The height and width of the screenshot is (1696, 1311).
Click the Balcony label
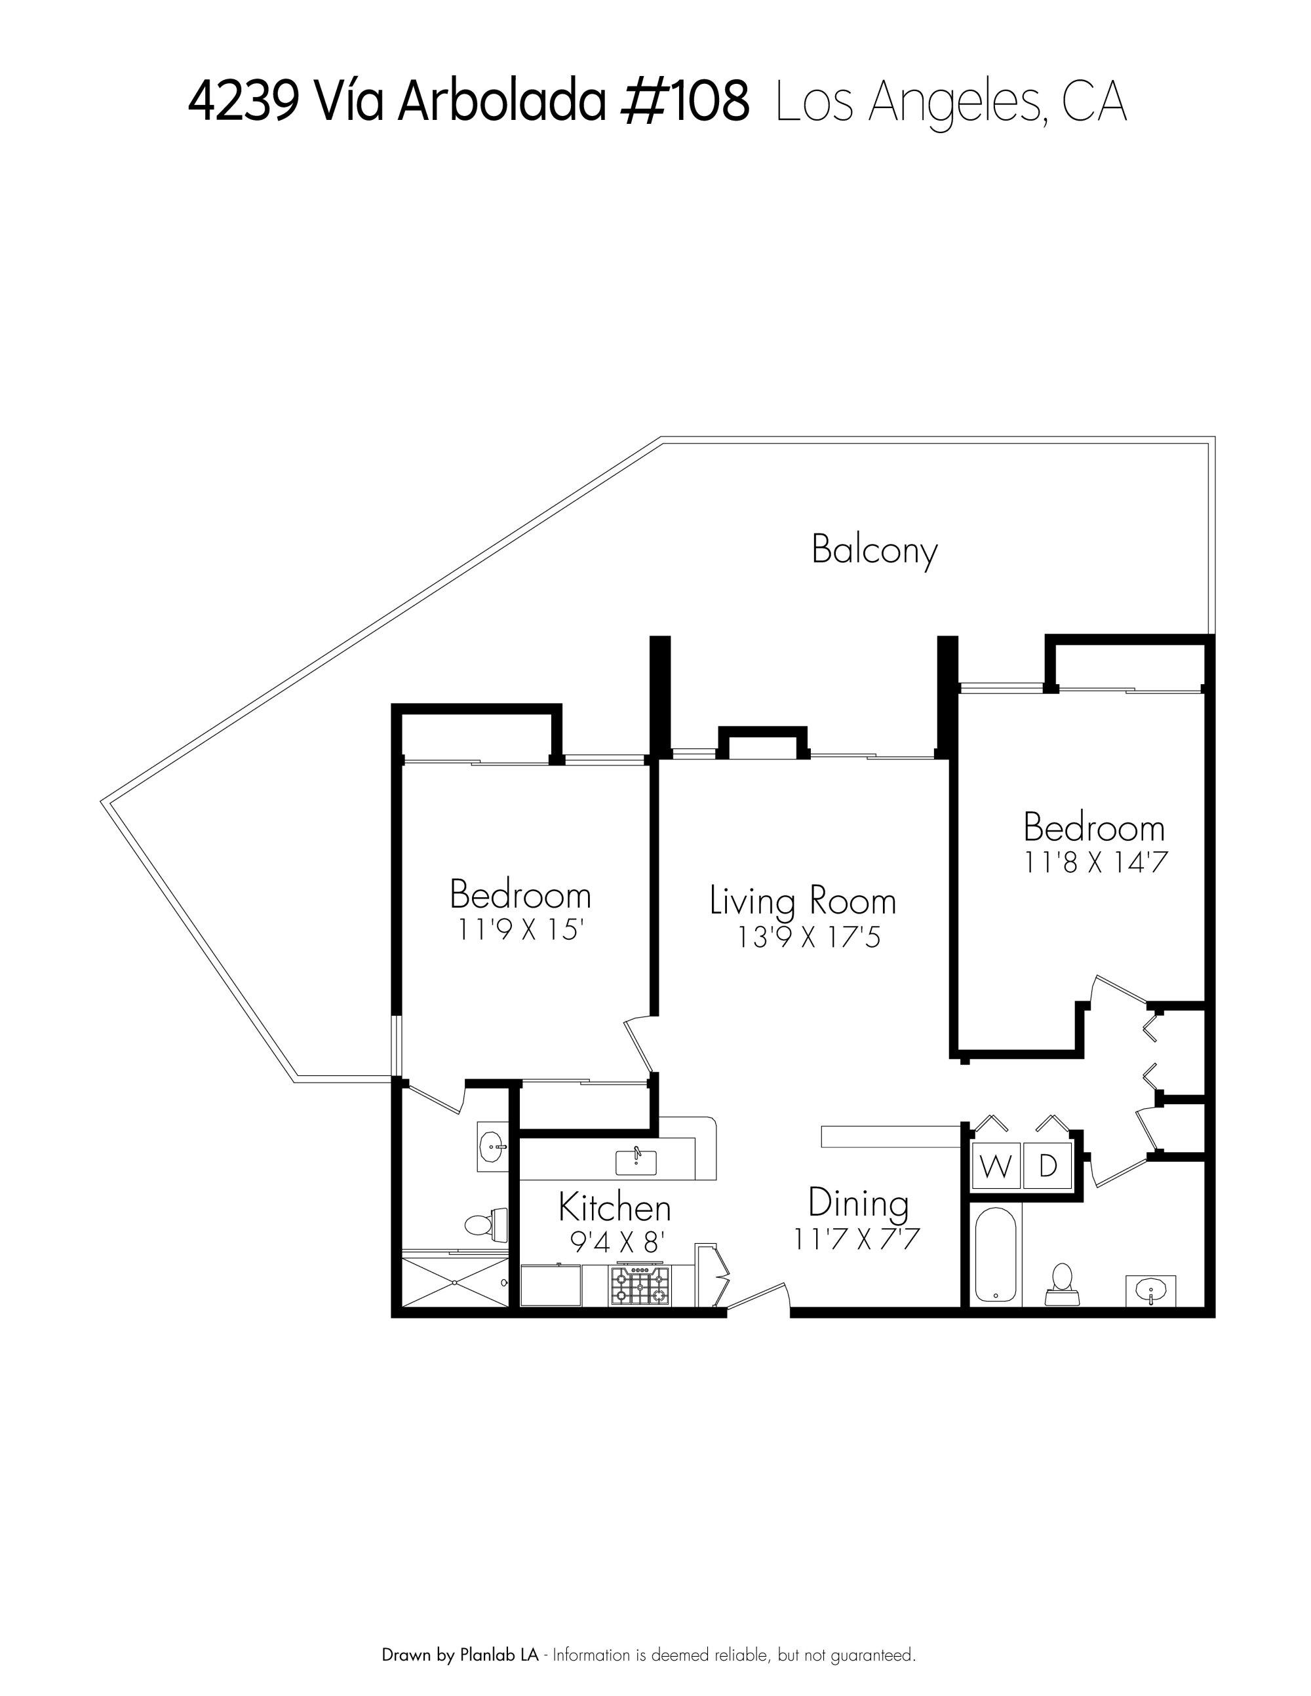pos(874,551)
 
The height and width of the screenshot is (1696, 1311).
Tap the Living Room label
pos(803,901)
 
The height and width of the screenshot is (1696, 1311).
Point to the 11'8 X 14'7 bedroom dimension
pos(1096,863)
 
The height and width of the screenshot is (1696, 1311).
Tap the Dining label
pos(858,1203)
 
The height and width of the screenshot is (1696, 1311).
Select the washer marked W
pos(996,1166)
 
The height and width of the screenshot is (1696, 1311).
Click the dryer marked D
pos(1047,1166)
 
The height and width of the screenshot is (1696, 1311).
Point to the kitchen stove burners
pos(638,1286)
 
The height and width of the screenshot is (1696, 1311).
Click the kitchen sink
pos(635,1163)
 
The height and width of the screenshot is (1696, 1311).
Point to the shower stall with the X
pos(455,1284)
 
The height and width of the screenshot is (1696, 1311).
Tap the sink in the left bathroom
pos(491,1146)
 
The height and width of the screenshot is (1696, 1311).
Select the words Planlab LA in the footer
pos(499,1655)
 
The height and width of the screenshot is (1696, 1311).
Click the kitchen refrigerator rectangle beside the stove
pos(550,1285)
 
